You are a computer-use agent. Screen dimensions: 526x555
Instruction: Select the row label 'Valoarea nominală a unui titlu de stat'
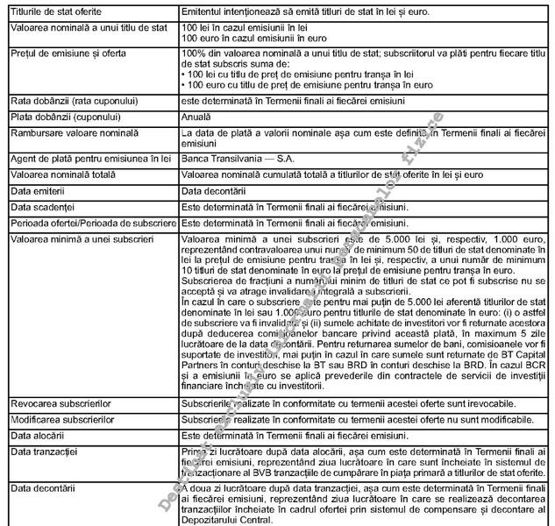coord(85,29)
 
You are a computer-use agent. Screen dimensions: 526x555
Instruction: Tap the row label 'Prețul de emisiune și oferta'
coord(66,53)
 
